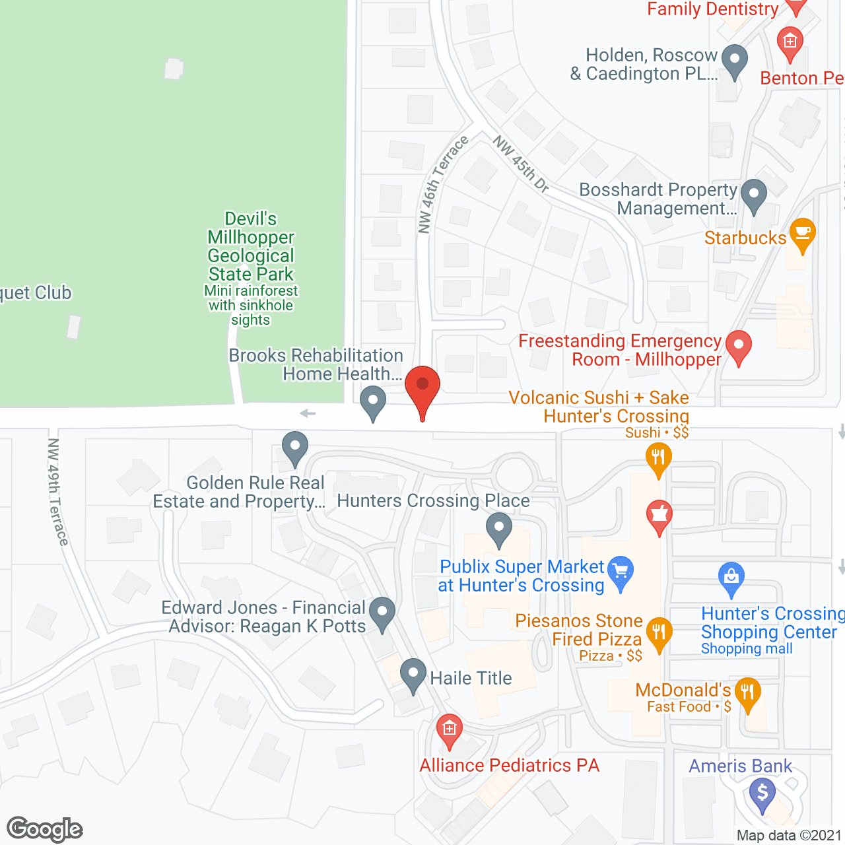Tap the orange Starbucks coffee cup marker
click(802, 234)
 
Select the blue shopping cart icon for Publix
click(621, 572)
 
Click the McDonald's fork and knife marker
click(747, 694)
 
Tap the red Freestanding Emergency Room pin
click(739, 347)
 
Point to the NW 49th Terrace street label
click(58, 492)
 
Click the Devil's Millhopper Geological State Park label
click(251, 246)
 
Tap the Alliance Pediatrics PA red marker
click(450, 731)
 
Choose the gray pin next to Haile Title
click(413, 675)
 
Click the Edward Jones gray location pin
click(382, 613)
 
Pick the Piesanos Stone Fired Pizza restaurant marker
click(658, 634)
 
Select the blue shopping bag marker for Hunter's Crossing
click(731, 578)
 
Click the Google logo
click(45, 829)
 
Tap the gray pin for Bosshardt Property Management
click(753, 196)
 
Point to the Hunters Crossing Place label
click(433, 501)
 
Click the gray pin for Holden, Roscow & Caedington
click(734, 61)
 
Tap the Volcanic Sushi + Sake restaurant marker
click(658, 457)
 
